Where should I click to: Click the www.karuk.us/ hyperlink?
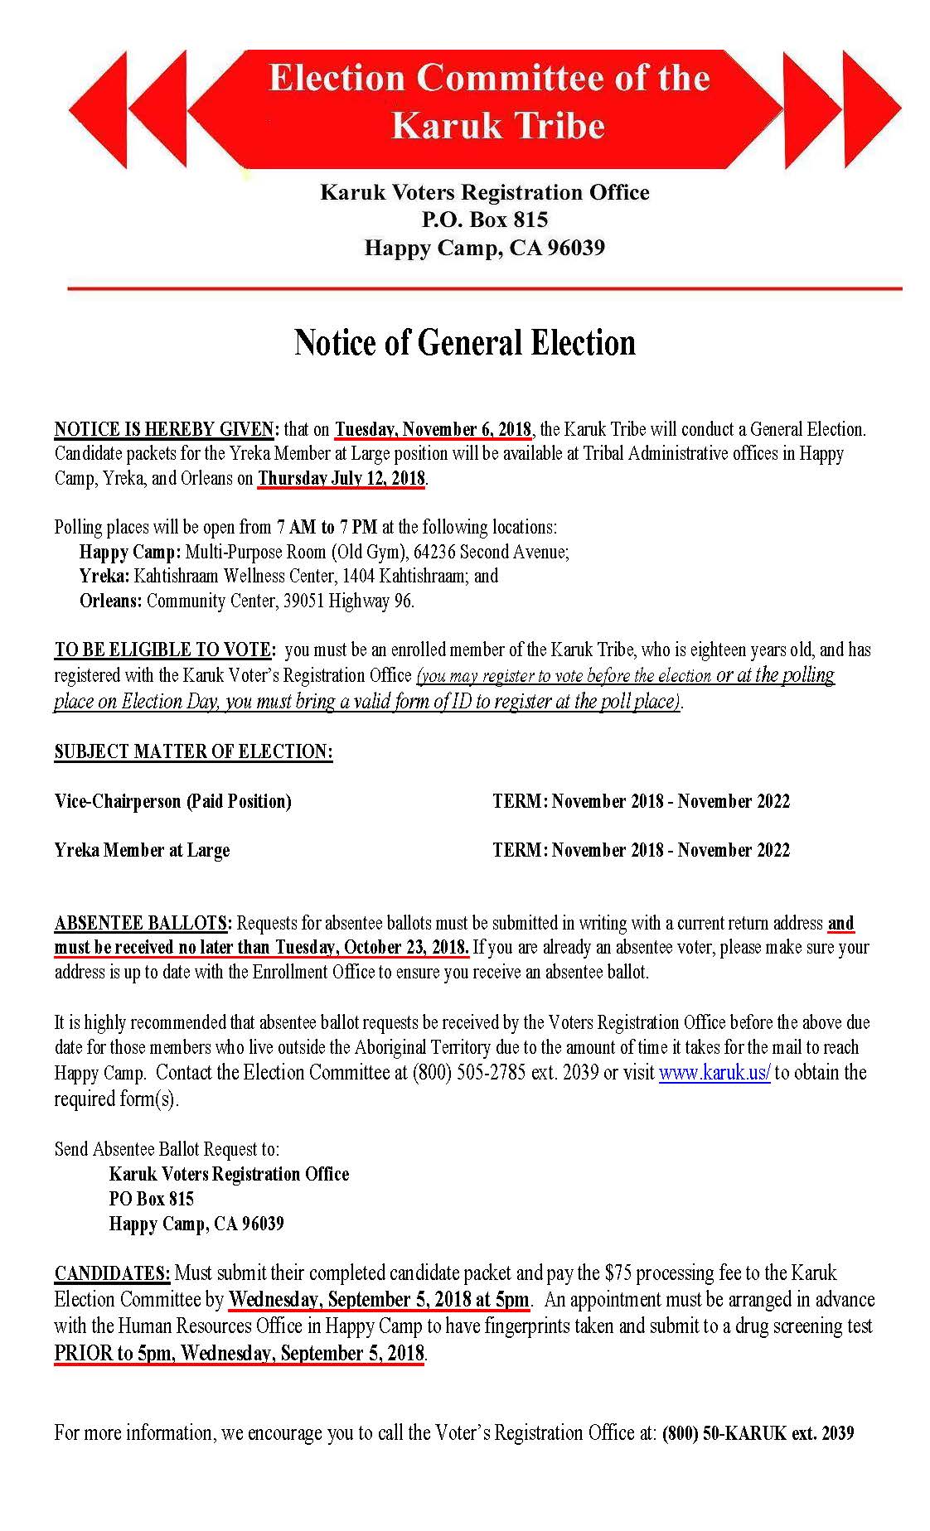click(714, 1073)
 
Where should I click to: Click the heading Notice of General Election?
click(464, 343)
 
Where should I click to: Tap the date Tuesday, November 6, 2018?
click(433, 429)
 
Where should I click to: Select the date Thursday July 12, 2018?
click(341, 478)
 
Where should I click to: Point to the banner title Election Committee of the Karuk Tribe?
click(489, 102)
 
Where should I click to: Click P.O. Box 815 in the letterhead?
click(485, 220)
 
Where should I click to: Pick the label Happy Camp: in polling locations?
click(130, 552)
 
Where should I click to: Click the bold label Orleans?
click(111, 601)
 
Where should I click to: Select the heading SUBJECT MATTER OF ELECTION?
click(194, 751)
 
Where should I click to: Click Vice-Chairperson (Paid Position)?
click(173, 801)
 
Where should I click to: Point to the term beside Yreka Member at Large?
click(641, 850)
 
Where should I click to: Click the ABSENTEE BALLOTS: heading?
click(143, 923)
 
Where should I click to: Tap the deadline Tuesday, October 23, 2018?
click(371, 947)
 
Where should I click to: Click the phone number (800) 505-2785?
click(469, 1073)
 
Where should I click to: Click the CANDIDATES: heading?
click(113, 1273)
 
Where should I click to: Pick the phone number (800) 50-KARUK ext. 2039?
click(758, 1432)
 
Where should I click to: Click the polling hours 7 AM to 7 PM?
click(327, 527)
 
